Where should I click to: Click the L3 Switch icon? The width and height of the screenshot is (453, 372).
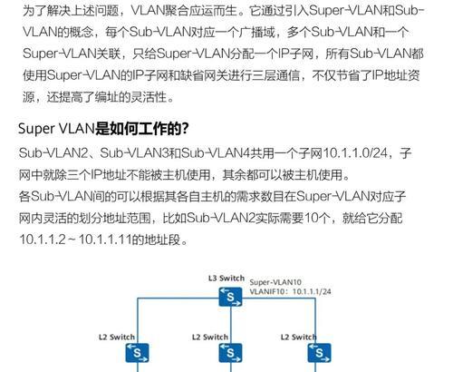230,297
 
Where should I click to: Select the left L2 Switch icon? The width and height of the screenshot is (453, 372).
137,353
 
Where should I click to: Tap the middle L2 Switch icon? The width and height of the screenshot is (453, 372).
230,353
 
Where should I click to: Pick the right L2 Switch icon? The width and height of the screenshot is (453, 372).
319,353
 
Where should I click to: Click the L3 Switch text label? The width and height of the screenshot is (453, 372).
226,279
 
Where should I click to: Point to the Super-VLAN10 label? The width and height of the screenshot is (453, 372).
275,282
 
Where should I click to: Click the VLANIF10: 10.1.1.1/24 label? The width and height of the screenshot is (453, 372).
290,291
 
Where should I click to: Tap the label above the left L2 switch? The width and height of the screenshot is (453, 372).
117,337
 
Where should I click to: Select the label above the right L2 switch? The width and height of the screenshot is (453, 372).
299,337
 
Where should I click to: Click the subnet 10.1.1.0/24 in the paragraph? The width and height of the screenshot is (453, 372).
355,153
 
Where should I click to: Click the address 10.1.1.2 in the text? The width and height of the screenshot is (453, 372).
43,240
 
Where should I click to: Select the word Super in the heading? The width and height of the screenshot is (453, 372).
36,129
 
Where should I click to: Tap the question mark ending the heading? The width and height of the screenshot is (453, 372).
185,129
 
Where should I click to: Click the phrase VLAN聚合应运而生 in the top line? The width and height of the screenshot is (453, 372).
184,11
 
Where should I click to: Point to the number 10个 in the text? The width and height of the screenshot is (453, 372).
316,218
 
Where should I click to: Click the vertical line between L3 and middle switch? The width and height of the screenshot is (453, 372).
230,325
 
